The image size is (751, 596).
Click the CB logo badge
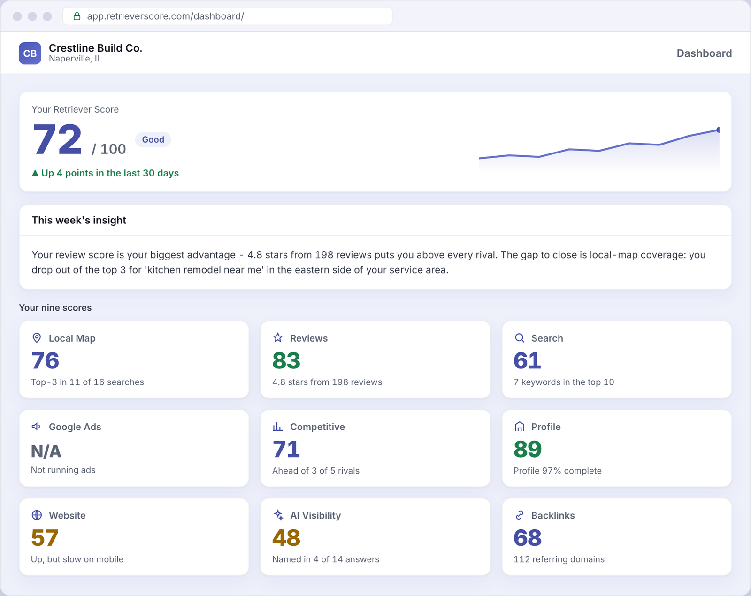pos(30,53)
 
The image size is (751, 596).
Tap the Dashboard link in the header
pos(704,53)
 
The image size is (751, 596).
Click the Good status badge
pos(153,139)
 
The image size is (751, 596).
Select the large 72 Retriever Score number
pos(57,139)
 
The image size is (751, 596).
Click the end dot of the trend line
pos(718,130)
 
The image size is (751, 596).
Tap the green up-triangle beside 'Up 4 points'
pos(35,173)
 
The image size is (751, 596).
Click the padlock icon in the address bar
pos(77,16)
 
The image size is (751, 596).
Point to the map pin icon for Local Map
pos(37,338)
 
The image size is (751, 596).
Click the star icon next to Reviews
pos(278,337)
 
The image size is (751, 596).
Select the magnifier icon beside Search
pos(519,338)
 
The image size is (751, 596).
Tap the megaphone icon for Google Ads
pos(36,427)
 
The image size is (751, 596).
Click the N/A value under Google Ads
pos(46,451)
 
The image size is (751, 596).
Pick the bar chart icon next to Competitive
pos(278,427)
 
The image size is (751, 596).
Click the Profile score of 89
pos(527,449)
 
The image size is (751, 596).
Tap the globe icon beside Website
pos(37,515)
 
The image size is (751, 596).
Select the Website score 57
pos(45,538)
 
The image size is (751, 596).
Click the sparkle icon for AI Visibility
pos(278,515)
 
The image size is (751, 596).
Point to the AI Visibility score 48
pos(286,538)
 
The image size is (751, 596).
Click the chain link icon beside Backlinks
pos(519,515)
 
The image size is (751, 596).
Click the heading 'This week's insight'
pos(79,220)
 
